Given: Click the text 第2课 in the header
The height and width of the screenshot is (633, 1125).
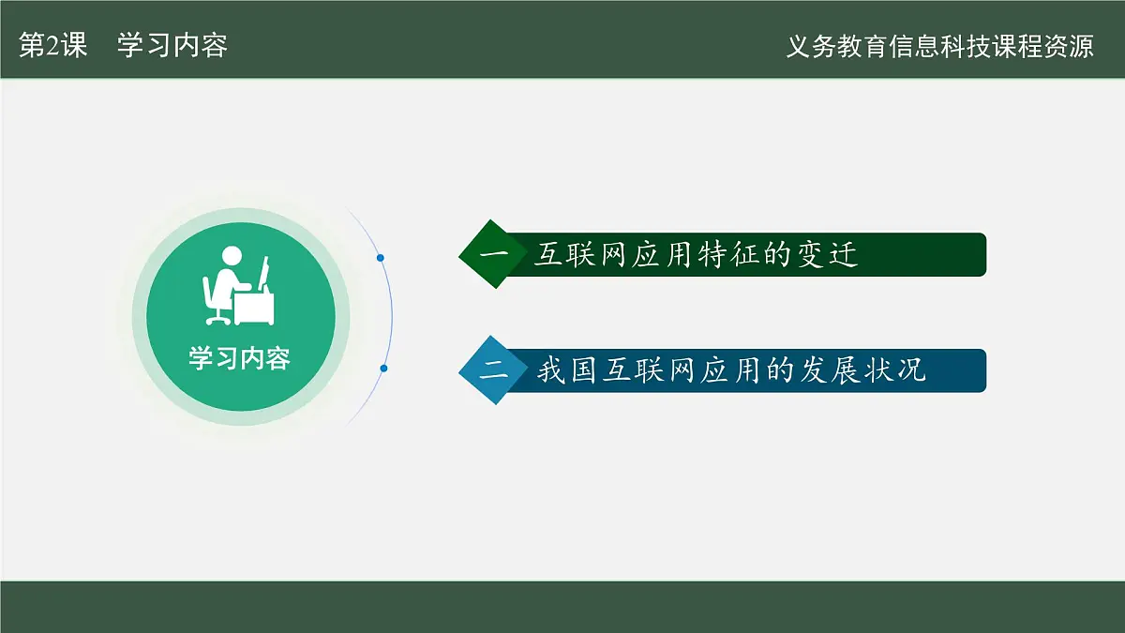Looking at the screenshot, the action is [x=53, y=45].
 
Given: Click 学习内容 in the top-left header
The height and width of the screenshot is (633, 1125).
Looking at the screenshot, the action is [x=172, y=45].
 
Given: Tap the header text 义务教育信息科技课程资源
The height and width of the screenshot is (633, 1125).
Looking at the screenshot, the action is [x=939, y=46].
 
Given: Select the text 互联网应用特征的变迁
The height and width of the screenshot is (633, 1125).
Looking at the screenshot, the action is [x=696, y=254].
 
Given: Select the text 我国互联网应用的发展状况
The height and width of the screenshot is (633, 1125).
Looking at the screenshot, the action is [x=731, y=370].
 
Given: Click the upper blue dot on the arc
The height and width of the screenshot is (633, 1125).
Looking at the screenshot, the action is [x=381, y=258].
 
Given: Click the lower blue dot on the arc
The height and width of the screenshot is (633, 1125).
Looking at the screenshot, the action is [x=383, y=369].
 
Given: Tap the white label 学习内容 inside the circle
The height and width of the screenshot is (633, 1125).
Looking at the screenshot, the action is [x=240, y=358].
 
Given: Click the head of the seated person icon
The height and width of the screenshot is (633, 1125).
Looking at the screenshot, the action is [x=232, y=256].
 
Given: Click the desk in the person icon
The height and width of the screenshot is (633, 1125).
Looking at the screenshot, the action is [x=254, y=309].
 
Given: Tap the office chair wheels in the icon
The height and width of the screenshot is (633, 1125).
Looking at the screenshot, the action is [x=218, y=320].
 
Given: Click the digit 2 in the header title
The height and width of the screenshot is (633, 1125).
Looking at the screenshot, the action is [x=53, y=46].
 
